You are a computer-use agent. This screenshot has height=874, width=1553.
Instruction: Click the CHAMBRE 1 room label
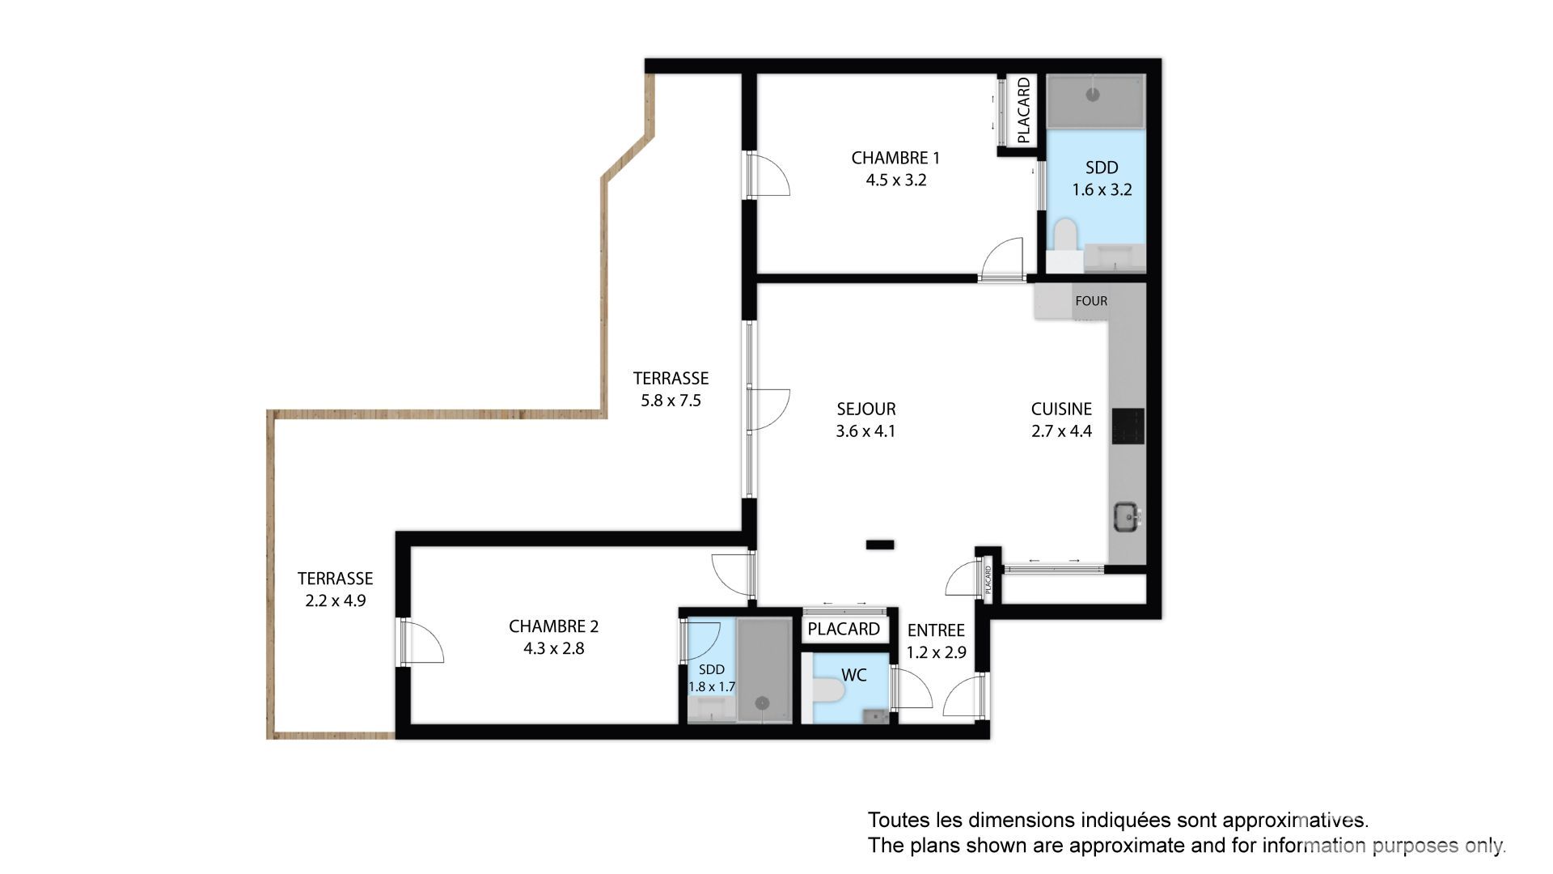[895, 158]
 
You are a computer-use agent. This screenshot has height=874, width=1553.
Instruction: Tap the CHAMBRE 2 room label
[553, 626]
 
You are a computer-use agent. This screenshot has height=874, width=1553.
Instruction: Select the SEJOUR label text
[865, 409]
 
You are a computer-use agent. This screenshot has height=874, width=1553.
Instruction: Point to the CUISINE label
[1061, 409]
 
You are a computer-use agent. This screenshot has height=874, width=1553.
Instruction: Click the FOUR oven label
[1091, 301]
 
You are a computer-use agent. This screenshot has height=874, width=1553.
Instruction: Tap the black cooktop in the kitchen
[1128, 426]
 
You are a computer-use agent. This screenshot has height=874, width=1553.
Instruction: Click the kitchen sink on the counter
[1128, 516]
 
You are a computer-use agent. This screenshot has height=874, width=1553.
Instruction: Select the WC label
[854, 675]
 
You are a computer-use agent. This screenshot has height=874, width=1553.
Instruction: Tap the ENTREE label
[936, 630]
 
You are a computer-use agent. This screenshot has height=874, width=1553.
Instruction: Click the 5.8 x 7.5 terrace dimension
[671, 401]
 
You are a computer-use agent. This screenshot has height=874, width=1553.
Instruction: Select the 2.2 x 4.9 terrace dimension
[335, 601]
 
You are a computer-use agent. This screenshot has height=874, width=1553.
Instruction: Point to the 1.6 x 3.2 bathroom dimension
[1102, 190]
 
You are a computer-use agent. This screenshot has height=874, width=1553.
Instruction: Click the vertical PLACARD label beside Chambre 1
[1023, 110]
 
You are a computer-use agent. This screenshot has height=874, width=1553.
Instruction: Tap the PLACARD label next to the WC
[844, 629]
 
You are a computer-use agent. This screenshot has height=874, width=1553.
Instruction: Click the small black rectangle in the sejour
[880, 545]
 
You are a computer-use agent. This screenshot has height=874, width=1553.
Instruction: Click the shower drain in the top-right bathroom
[1093, 95]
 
